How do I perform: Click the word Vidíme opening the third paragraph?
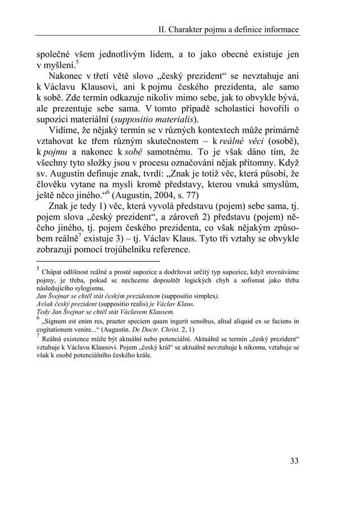point(67,133)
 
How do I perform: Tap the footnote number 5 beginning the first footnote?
point(37,270)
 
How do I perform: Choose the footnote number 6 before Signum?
point(37,318)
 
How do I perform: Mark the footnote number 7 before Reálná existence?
point(37,337)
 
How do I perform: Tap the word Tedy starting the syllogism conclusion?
point(43,311)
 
